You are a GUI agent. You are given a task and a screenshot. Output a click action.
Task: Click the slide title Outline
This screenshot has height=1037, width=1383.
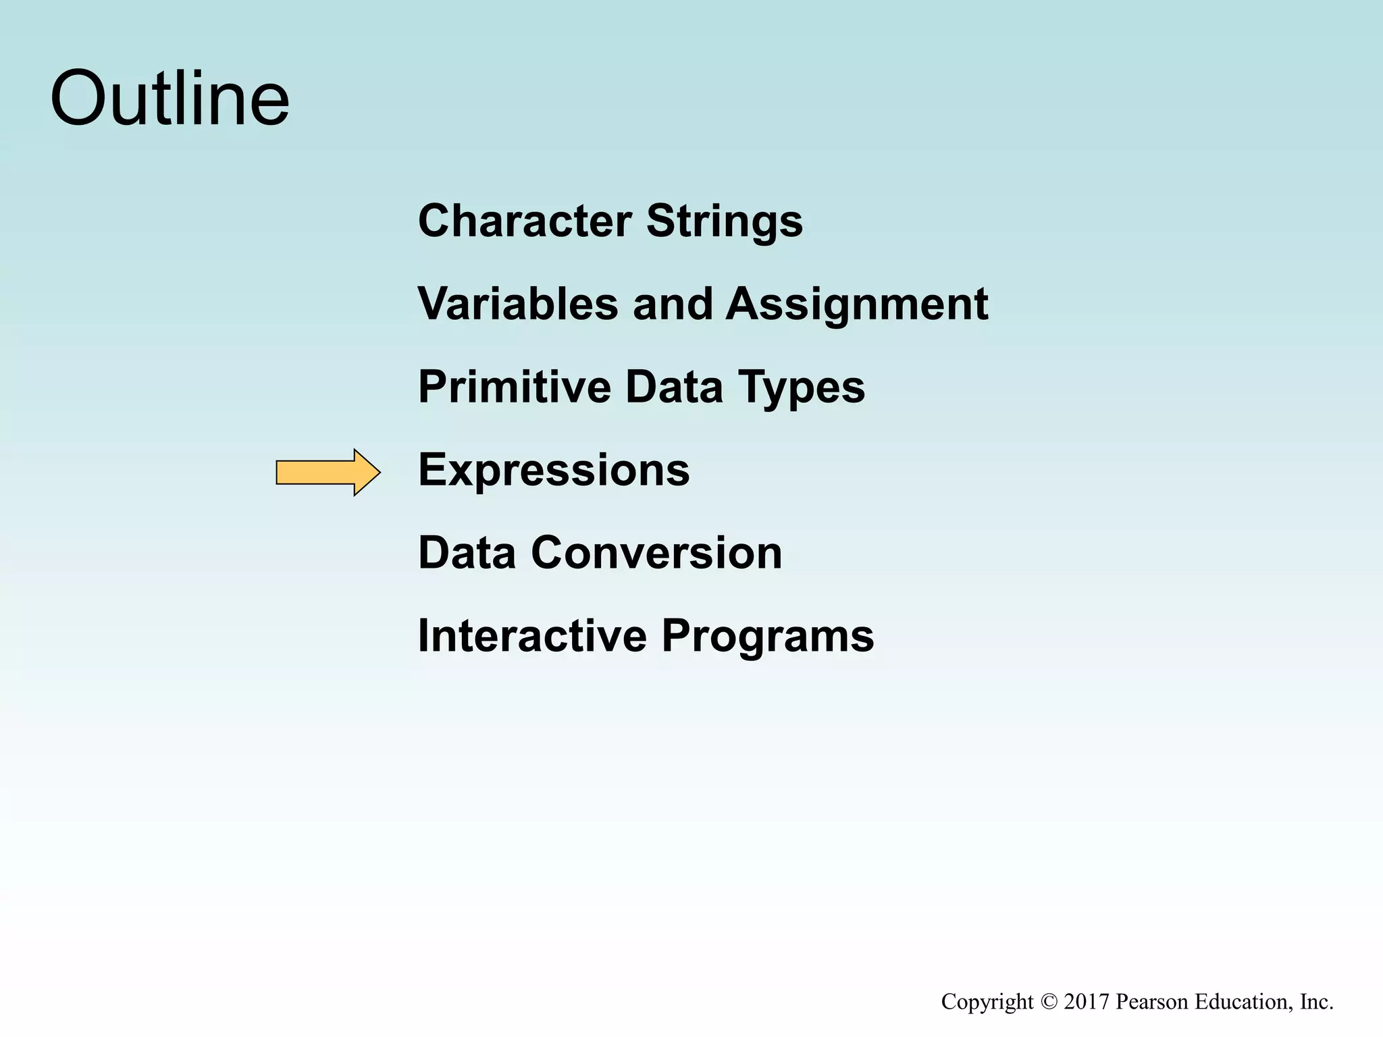(169, 99)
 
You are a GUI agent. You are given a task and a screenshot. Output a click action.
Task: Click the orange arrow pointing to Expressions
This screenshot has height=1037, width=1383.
(328, 473)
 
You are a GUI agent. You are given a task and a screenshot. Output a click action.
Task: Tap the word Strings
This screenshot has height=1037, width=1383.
(725, 221)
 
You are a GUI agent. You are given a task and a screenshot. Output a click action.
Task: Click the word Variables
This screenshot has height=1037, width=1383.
(518, 303)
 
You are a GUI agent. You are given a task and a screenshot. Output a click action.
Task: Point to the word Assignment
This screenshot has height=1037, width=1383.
(856, 304)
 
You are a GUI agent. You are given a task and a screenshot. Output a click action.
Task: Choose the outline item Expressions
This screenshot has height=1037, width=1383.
(554, 470)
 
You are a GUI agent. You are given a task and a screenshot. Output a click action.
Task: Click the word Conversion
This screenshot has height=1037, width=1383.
(656, 553)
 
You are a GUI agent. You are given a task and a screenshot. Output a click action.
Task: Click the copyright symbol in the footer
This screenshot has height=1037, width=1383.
(1048, 1001)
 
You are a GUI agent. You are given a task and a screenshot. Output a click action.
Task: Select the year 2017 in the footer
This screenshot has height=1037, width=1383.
(1087, 1001)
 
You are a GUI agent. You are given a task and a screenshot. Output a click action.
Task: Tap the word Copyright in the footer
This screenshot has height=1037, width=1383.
(987, 1002)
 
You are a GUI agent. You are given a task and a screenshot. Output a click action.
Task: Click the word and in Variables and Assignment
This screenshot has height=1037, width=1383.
(673, 303)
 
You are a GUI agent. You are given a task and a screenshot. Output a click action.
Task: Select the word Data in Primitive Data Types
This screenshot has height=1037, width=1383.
(674, 387)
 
